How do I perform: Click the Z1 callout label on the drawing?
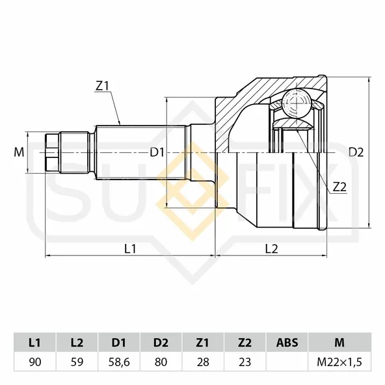[x=102, y=86]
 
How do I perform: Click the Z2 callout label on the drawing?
[x=339, y=187]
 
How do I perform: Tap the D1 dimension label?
[x=157, y=153]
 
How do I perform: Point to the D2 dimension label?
[x=356, y=152]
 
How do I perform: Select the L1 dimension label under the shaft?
[x=130, y=249]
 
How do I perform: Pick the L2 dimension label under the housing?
[x=272, y=249]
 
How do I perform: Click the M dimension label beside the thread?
[x=19, y=152]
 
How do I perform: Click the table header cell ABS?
[x=287, y=342]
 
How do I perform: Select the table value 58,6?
[x=119, y=362]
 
